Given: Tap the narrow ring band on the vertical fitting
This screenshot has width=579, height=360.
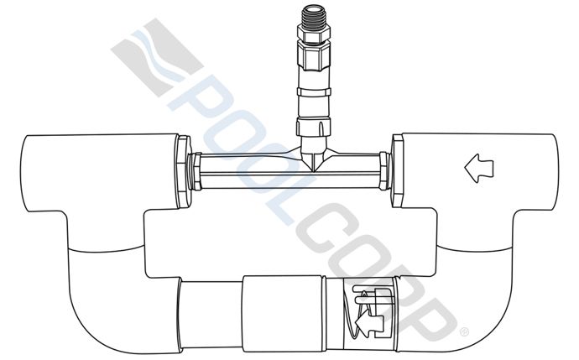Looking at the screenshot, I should (315, 90).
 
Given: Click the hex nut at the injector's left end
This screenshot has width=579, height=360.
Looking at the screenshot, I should (193, 170).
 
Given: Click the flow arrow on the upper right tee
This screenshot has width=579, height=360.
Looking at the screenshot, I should (479, 169).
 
